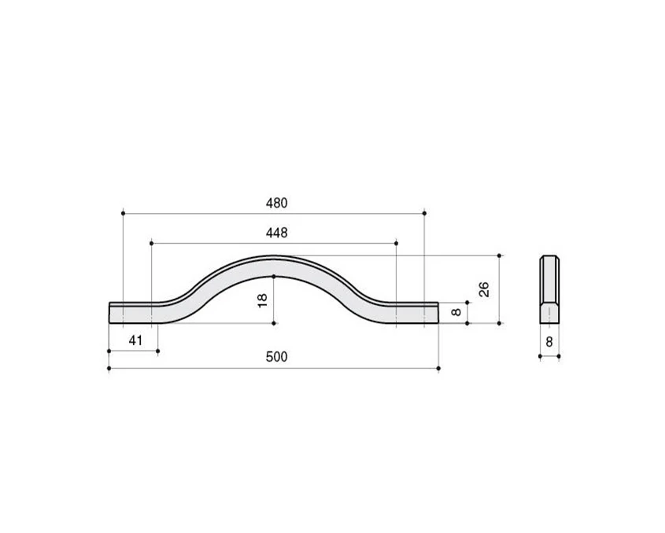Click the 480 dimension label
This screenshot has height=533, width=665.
click(276, 204)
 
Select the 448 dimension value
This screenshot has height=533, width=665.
click(276, 233)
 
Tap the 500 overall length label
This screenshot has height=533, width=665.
click(276, 357)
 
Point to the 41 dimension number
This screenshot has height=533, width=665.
click(135, 340)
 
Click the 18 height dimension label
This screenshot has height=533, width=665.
click(263, 300)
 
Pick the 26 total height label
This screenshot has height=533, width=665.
click(484, 289)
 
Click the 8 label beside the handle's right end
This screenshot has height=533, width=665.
click(456, 312)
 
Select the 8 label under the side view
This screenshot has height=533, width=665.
click(549, 342)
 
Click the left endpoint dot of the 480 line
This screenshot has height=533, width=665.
click(123, 213)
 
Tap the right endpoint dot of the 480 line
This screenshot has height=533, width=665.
click(424, 213)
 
